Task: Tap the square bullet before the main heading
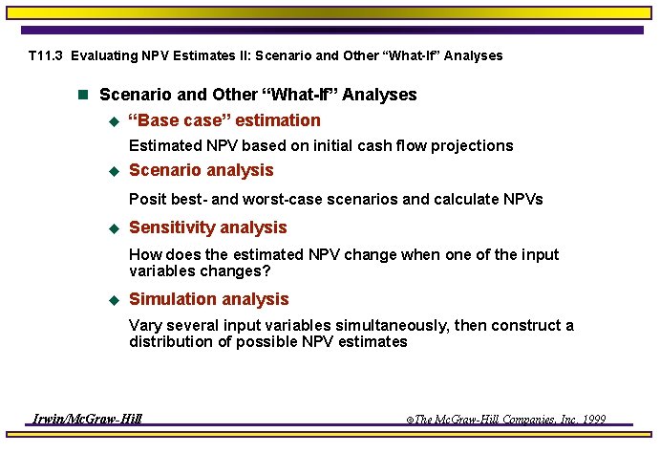click(x=82, y=96)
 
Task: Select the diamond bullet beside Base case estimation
click(x=112, y=121)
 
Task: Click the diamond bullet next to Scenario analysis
click(x=112, y=171)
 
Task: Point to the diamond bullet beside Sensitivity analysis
click(x=112, y=228)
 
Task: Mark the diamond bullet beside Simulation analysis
click(x=112, y=300)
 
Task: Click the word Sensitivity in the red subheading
click(x=167, y=227)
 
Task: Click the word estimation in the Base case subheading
click(x=278, y=120)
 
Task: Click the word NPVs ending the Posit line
click(x=521, y=200)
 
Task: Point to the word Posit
click(x=148, y=200)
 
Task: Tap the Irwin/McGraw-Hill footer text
click(x=87, y=419)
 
